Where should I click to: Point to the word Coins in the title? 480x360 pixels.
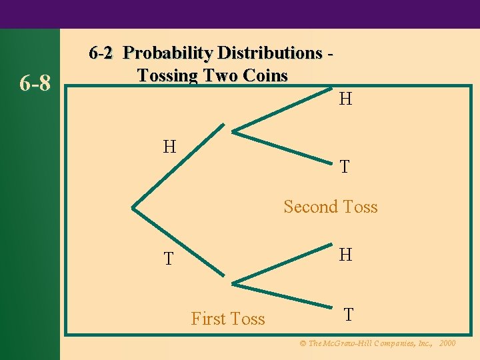tap(265, 75)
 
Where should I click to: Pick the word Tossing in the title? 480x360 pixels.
tap(168, 75)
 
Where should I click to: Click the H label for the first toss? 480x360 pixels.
tap(170, 146)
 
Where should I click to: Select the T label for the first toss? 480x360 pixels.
tap(170, 259)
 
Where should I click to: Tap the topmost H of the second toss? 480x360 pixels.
tap(345, 100)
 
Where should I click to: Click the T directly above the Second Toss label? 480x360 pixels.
tap(344, 167)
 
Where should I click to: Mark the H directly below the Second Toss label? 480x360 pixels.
tap(345, 255)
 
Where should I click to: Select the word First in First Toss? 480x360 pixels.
tap(209, 319)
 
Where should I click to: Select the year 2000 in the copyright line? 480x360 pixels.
tap(447, 343)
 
